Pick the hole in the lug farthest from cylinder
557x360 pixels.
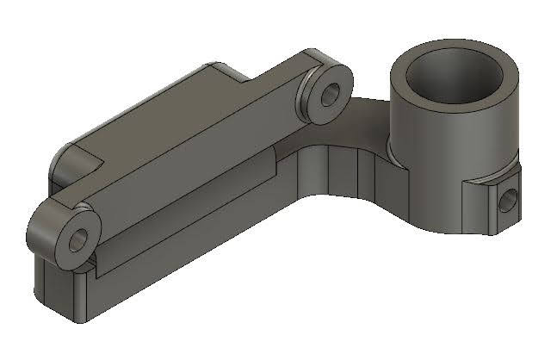[77, 238]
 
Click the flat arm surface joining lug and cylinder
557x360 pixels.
[366, 116]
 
